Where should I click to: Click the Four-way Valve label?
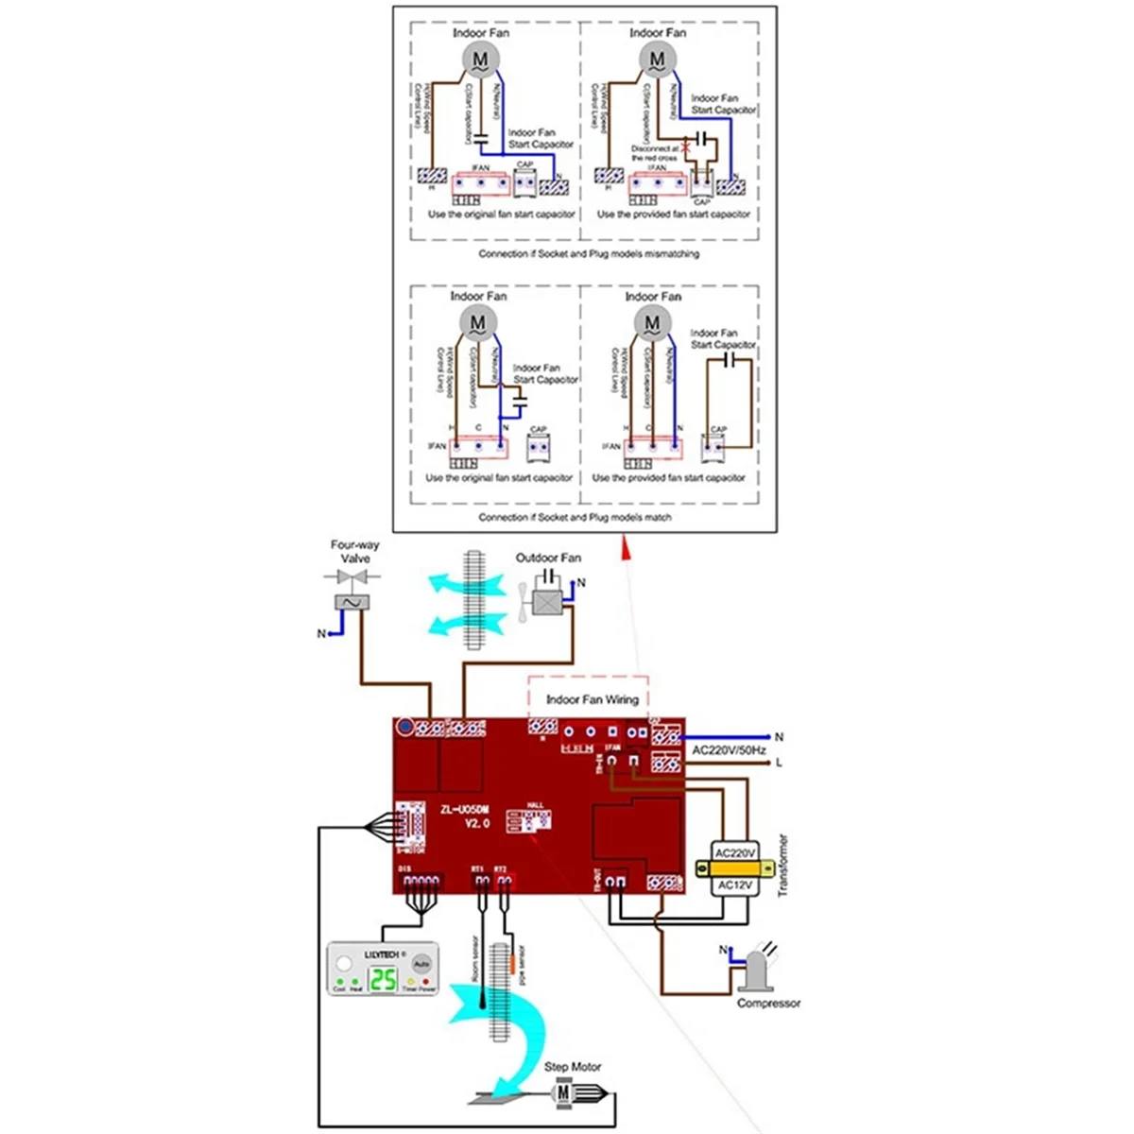[354, 552]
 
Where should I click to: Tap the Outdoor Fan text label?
[548, 558]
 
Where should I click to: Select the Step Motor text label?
[572, 1067]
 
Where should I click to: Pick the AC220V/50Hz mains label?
[729, 750]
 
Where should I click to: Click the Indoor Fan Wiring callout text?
[592, 700]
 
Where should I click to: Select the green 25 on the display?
[383, 981]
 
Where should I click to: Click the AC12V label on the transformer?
[734, 885]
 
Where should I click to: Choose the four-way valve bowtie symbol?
[352, 576]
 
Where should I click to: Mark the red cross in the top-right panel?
[688, 141]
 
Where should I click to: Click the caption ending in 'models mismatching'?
[588, 254]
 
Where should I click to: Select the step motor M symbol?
[564, 1093]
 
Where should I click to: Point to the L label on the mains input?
[779, 762]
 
